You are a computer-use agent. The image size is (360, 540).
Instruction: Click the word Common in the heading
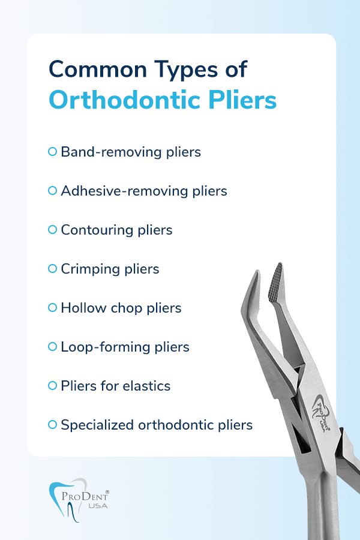point(98,69)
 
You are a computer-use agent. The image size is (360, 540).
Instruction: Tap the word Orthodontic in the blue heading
point(125,100)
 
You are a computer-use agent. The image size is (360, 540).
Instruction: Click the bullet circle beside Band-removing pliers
point(52,152)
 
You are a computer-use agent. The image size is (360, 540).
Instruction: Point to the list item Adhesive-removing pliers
point(144,191)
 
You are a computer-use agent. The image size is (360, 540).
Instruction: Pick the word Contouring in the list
point(97,230)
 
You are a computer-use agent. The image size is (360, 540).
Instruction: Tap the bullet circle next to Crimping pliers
point(52,269)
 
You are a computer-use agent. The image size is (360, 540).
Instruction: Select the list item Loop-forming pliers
point(125,347)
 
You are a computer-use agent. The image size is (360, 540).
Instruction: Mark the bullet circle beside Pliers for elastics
point(52,386)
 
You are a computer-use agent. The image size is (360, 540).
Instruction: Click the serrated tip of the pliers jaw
point(276,283)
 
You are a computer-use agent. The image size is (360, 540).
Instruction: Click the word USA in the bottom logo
point(98,506)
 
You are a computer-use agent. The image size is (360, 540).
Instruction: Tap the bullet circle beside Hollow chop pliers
point(52,308)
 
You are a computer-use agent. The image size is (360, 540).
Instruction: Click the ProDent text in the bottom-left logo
point(85,496)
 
